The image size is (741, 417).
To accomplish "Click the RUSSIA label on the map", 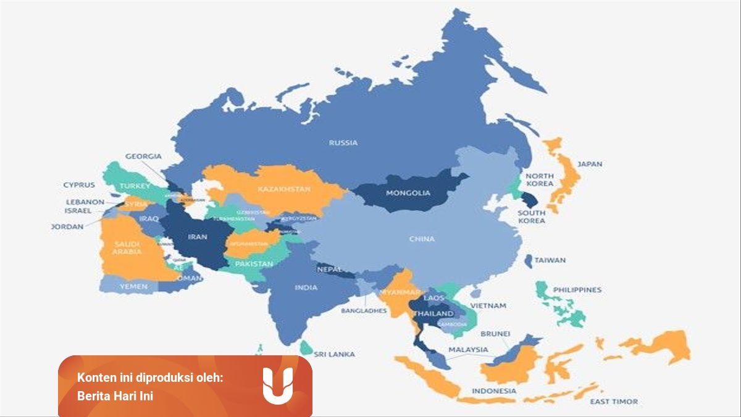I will coord(343,142).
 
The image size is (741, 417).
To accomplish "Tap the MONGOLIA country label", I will coord(408,193).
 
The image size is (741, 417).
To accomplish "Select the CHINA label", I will coord(422,239).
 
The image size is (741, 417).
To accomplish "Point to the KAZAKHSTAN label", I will coord(284,189).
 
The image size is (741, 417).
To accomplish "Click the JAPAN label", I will coord(590,164).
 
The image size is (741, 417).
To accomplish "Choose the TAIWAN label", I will coord(550,260).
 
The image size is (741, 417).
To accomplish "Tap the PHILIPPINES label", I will coord(577,289).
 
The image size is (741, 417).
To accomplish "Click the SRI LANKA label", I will coord(334,354).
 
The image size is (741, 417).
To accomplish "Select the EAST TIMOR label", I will coord(614,402).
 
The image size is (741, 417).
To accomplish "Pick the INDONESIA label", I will coord(494,390).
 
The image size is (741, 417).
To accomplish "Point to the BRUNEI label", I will coord(495,334).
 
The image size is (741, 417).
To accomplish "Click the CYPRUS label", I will coord(79,184).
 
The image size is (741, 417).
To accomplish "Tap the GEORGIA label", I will coord(143,156).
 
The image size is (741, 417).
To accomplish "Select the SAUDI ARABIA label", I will coord(127,248).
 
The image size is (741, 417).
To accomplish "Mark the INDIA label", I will coord(306,287).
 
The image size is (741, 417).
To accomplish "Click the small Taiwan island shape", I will coord(529,261).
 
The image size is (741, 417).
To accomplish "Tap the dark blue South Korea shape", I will coord(529,199).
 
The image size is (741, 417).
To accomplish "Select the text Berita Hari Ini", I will coord(115,396).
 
